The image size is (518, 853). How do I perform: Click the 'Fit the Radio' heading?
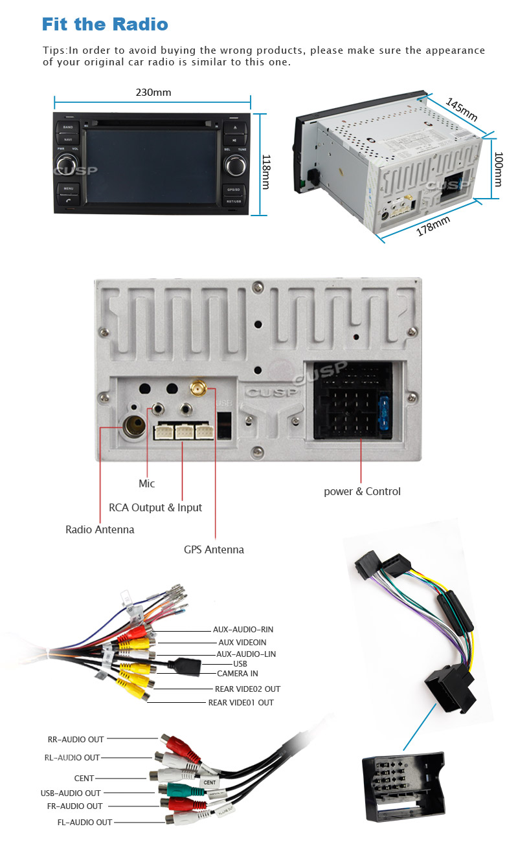coord(105,25)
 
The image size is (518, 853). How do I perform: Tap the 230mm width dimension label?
coord(153,92)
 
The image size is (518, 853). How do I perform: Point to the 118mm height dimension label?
coord(265,172)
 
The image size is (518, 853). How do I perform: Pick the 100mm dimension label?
coord(498,170)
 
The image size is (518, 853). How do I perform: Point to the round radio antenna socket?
coord(133,427)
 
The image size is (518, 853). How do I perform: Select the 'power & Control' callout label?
coord(362,491)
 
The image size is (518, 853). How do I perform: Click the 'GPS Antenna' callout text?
coord(214,549)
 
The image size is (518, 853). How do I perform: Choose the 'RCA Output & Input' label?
coord(155,507)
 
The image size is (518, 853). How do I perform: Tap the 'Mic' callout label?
coord(147,483)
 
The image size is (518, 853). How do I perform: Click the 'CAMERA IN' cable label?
coord(237,674)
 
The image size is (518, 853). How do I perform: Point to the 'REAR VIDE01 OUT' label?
coord(241,702)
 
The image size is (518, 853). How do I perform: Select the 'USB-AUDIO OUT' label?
coord(71,793)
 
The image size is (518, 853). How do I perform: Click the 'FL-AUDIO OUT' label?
coord(84,822)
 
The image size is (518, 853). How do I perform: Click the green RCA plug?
coord(175,790)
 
